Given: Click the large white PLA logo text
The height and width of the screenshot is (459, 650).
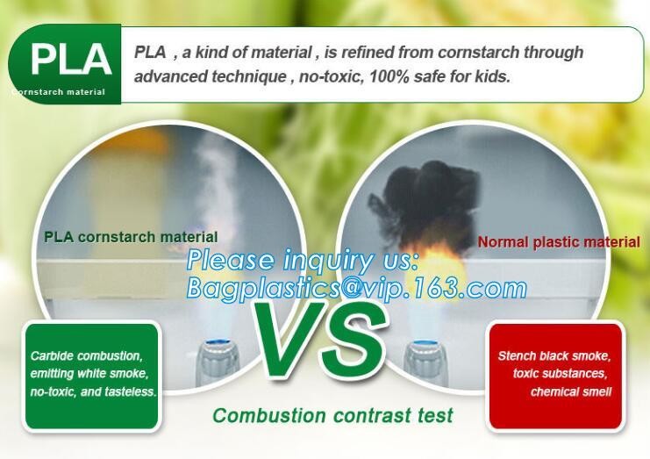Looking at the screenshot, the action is tap(71, 59).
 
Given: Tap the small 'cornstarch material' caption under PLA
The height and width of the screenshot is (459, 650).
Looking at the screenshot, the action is tap(59, 92).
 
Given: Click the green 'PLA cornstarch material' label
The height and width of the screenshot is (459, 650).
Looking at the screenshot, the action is tap(131, 237).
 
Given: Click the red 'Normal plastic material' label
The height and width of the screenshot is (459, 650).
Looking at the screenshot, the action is tap(559, 241).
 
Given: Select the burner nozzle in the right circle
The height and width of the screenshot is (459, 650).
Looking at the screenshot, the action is tap(425, 362).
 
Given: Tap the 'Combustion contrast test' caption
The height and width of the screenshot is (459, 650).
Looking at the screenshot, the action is tap(332, 415).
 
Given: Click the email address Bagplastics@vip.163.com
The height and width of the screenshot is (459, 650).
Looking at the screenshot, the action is tap(356, 288).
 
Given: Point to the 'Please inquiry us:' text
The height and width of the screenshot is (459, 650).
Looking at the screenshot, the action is tap(303, 261).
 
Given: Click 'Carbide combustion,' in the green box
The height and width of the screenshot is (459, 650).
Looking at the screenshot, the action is tap(86, 355).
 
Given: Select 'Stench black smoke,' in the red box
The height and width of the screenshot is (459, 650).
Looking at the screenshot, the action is tap(554, 355).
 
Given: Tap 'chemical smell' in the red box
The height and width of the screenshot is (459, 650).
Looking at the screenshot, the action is tap(571, 391).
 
